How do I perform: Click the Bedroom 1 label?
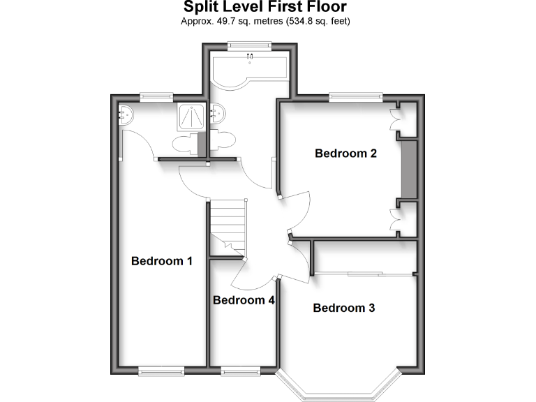click(x=162, y=261)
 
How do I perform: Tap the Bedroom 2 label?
click(x=345, y=154)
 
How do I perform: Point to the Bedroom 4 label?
click(x=244, y=301)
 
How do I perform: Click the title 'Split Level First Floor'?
click(x=265, y=7)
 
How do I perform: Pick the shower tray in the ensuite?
click(x=191, y=116)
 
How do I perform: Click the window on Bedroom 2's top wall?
click(x=357, y=97)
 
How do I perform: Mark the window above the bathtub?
click(x=249, y=46)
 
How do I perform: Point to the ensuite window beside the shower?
click(x=156, y=96)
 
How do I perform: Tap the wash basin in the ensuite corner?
click(x=126, y=113)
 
